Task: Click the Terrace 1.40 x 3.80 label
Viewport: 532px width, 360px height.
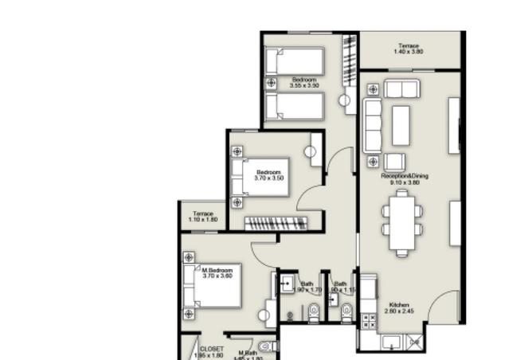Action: click(409, 49)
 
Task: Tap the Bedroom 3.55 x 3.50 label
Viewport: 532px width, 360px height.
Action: click(304, 83)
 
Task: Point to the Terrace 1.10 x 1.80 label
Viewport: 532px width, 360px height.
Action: click(202, 216)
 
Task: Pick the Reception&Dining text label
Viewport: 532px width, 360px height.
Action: click(405, 178)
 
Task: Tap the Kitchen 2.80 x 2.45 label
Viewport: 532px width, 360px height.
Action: click(398, 308)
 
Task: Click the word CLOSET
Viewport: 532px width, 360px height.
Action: click(211, 349)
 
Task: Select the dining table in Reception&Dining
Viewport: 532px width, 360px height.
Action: click(401, 224)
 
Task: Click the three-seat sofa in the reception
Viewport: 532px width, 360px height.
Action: click(373, 124)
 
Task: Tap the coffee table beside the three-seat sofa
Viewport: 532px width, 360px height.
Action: click(400, 125)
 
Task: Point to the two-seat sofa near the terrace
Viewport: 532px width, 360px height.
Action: click(401, 88)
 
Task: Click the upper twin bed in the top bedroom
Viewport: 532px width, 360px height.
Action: click(294, 60)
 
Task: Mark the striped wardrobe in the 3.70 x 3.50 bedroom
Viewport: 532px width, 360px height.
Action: click(275, 222)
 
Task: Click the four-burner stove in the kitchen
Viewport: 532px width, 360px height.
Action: click(370, 322)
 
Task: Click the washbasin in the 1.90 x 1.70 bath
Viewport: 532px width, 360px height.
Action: click(286, 284)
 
